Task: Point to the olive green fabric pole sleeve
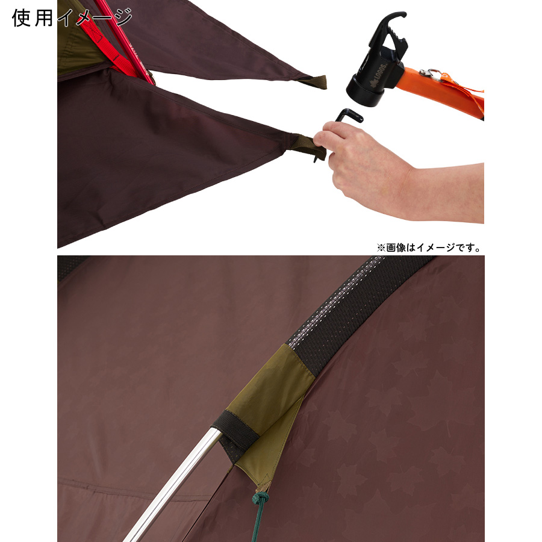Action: click(x=266, y=408)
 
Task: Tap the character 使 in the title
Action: click(x=21, y=17)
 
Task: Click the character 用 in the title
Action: click(x=43, y=17)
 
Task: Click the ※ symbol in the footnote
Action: click(x=381, y=248)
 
